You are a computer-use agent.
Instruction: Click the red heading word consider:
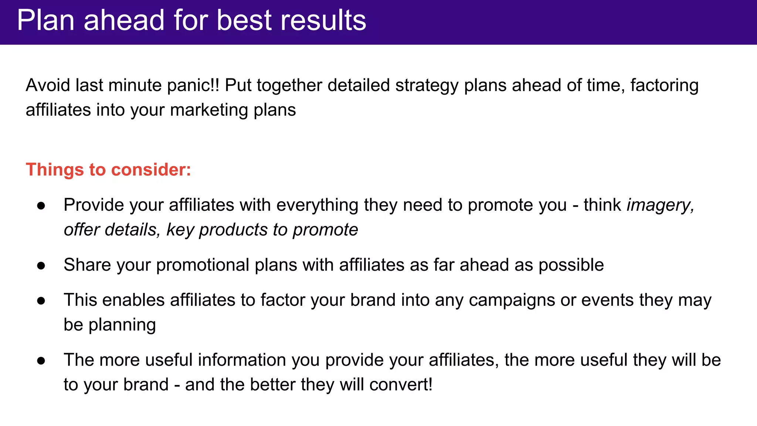(151, 170)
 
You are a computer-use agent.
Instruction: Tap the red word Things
(55, 170)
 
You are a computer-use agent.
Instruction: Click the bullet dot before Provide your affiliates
(41, 206)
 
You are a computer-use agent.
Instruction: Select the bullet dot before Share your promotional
(41, 266)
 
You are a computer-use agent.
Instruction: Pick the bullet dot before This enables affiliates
(41, 301)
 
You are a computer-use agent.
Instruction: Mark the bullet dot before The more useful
(41, 361)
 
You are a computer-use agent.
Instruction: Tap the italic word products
(233, 230)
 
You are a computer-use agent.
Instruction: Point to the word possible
(571, 265)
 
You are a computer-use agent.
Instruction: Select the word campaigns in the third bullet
(512, 300)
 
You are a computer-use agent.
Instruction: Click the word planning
(122, 325)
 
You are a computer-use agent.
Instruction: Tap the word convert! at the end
(401, 385)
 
